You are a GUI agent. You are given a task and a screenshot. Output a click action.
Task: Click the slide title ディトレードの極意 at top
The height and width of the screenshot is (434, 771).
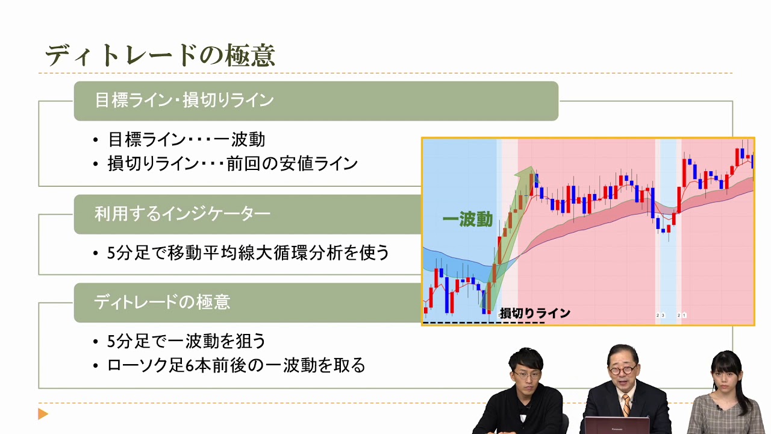click(x=160, y=55)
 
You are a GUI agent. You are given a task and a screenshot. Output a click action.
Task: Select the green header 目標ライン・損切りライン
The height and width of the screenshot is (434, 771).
click(x=184, y=101)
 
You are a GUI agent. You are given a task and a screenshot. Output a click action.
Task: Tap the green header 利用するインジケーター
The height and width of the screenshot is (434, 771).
click(x=182, y=214)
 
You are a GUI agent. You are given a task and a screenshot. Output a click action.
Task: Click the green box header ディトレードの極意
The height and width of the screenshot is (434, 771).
click(x=162, y=302)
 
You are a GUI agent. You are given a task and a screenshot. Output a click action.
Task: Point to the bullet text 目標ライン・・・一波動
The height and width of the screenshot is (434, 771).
click(x=186, y=140)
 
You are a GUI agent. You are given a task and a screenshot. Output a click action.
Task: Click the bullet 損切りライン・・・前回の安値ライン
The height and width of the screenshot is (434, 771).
click(x=233, y=163)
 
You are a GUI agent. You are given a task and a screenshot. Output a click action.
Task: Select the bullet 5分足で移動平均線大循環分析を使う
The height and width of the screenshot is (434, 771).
click(x=248, y=253)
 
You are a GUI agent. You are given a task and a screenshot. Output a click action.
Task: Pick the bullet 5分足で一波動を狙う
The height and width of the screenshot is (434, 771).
click(x=186, y=341)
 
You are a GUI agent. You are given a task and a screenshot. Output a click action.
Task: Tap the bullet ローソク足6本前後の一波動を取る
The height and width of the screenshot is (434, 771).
click(x=236, y=365)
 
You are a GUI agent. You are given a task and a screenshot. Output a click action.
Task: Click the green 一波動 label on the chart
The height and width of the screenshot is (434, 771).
click(x=467, y=220)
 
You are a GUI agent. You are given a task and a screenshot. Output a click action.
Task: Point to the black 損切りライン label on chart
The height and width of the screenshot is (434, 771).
click(x=535, y=313)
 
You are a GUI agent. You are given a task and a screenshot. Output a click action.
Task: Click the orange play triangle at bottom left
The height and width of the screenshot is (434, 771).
click(x=43, y=414)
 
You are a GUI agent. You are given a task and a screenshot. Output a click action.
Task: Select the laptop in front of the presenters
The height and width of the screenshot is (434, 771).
click(x=617, y=426)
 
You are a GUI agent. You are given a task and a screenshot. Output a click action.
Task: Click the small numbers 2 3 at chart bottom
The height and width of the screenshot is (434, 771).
click(x=660, y=315)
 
